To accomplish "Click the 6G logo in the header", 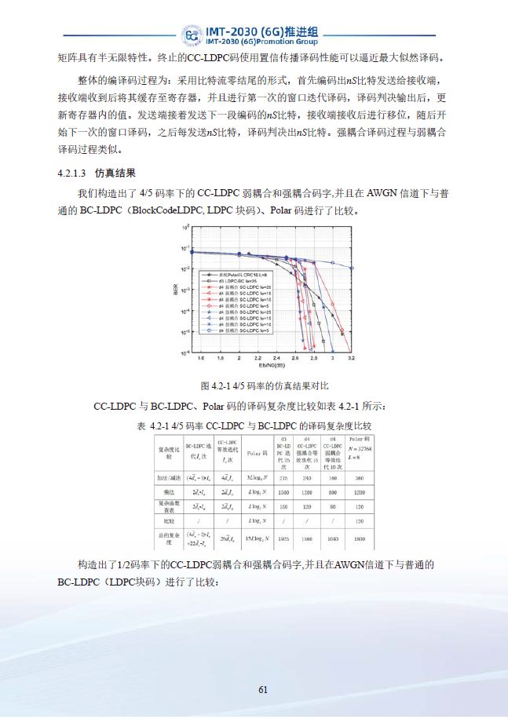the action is pos(191,35).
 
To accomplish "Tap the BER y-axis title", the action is pos(177,290).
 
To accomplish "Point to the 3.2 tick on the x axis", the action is pos(350,358).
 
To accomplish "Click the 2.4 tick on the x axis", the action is pos(276,358).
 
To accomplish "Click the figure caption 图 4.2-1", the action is pos(265,386).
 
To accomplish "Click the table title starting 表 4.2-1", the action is pos(253,425).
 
